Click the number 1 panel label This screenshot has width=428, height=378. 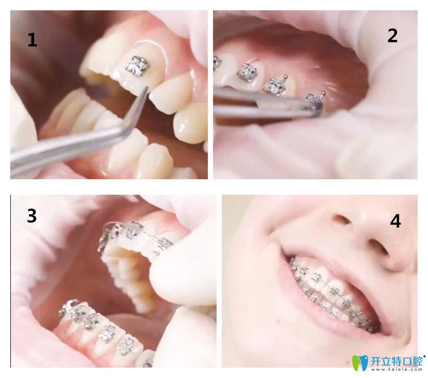(32, 40)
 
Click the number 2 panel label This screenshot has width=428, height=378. (392, 36)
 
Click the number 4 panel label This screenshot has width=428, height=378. (395, 221)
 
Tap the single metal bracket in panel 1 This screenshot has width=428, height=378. (138, 66)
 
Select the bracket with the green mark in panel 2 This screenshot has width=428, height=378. (276, 85)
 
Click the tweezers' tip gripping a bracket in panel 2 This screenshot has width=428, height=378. (317, 107)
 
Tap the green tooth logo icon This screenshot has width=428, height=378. (360, 362)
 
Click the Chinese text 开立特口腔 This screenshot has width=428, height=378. (396, 361)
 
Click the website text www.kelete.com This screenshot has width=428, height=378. (396, 369)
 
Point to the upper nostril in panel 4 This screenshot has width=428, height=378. (341, 219)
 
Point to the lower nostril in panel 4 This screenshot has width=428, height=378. (378, 248)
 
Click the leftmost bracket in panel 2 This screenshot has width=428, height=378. (217, 64)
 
